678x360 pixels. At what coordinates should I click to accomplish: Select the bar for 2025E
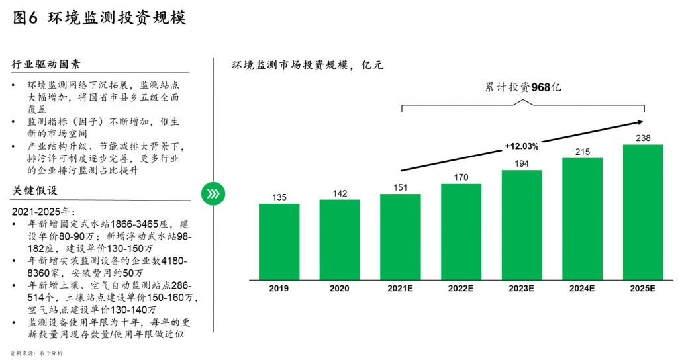coord(643,211)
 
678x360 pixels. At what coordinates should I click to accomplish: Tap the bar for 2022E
coord(461,231)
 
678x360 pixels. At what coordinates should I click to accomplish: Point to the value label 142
coord(340,193)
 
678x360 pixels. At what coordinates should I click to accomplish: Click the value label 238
coord(643,138)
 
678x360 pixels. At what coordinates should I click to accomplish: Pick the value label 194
coord(522,163)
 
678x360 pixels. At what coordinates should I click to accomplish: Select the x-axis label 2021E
coord(400,289)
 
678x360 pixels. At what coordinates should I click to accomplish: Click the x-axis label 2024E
coord(582,289)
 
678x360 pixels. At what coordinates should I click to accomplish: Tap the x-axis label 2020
coord(340,289)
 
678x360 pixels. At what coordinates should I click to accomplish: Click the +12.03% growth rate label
coord(521,146)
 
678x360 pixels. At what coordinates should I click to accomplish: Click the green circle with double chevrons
coord(213,193)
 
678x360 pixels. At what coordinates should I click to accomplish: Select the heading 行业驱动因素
coord(46,64)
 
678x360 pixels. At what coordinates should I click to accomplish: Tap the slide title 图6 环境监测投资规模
coord(99,18)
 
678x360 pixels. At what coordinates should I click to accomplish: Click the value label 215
coord(582,152)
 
